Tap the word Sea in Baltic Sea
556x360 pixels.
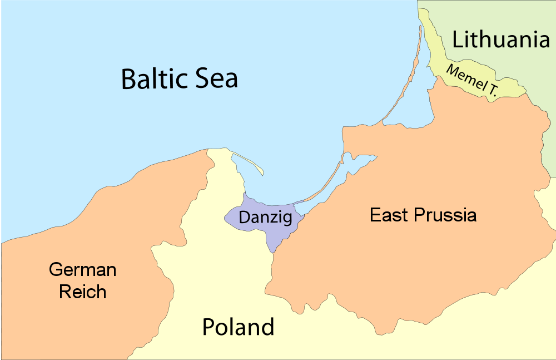(x=215, y=78)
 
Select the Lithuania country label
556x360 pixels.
(x=500, y=40)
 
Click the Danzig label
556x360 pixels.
(x=265, y=218)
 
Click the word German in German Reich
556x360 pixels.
(x=82, y=270)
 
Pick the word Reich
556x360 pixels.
(x=82, y=292)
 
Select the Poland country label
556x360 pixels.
(x=238, y=327)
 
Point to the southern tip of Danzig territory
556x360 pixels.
(x=273, y=251)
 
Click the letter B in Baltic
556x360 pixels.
(x=128, y=78)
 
